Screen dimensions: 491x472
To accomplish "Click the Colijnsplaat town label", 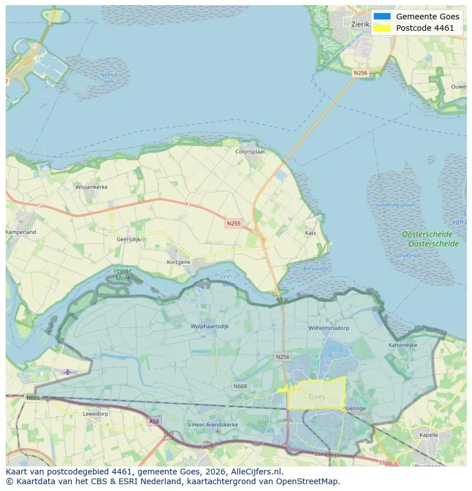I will coord(251,152).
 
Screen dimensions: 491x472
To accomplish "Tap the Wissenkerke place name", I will coord(91,186).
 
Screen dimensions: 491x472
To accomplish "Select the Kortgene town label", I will coord(178,262).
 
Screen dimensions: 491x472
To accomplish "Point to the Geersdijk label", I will coord(128,240).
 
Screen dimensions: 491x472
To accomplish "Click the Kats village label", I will coord(311,233).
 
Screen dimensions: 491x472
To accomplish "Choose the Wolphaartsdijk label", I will coord(210,327).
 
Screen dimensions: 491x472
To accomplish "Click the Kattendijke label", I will coord(403,345).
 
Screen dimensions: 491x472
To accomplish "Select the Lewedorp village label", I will coord(95,413).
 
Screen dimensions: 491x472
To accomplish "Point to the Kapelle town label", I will coord(428,435).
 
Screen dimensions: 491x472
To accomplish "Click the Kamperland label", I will coord(21,232).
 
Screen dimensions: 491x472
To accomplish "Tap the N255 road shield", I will coord(233,224).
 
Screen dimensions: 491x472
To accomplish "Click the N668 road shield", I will coord(240,386).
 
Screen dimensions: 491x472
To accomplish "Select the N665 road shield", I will coord(33,397).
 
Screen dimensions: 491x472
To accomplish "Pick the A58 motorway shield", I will coord(154,421).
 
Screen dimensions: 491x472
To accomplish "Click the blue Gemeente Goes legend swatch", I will coord(382,17).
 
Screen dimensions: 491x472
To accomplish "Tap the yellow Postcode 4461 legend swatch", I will coord(382,28).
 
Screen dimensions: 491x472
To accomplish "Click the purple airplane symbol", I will coord(68,372).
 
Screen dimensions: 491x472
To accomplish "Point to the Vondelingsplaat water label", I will coord(394,205).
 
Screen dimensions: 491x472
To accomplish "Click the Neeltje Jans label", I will coord(108,78).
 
